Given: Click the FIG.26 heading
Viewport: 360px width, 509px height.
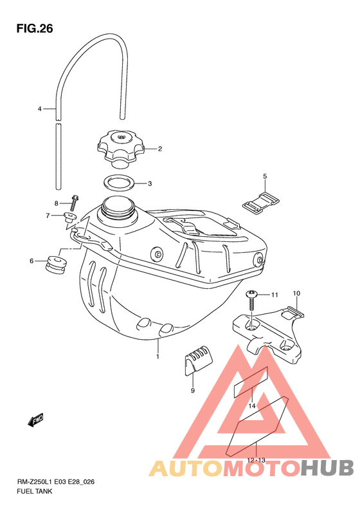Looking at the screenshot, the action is click(35, 28).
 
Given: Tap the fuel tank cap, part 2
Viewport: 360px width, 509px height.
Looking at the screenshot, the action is click(120, 149).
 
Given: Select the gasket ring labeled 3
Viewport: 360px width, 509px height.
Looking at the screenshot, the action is click(120, 183).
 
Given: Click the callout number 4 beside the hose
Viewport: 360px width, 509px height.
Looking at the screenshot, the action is click(40, 109).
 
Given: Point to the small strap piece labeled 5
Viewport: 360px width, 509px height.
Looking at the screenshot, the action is click(262, 203).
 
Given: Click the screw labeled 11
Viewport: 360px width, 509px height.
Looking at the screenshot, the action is click(251, 301).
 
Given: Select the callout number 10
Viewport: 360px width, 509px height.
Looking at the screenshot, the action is click(296, 293).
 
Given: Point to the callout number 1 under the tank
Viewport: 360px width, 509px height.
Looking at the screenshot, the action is click(157, 356).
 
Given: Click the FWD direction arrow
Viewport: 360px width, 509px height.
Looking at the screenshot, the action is click(35, 420).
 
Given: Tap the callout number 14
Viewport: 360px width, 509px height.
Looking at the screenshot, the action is click(252, 406).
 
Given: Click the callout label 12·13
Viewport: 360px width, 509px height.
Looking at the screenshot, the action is click(256, 460).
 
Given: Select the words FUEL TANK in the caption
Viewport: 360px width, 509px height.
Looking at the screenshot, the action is click(34, 491).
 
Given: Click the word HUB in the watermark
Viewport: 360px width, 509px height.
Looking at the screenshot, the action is click(327, 468).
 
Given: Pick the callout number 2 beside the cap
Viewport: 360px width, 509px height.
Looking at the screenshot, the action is click(160, 149).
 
